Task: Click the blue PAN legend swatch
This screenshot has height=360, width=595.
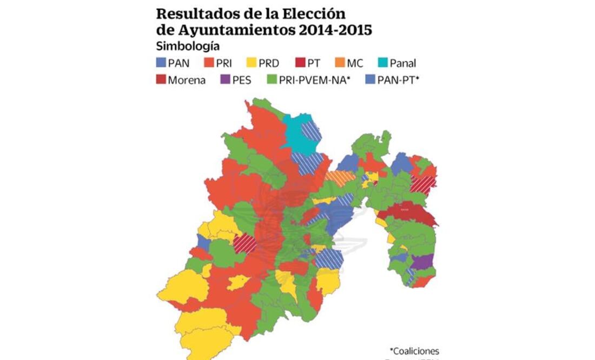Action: [x=161, y=63]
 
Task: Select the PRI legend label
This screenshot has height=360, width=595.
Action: [x=224, y=63]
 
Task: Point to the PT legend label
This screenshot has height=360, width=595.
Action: [x=314, y=63]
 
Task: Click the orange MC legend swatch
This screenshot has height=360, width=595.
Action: [x=340, y=63]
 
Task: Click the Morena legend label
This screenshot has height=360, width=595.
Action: [x=187, y=80]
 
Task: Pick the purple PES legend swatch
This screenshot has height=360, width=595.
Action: [x=225, y=80]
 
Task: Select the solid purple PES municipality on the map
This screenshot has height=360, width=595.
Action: [x=423, y=262]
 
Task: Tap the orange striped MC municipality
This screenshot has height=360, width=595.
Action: [x=341, y=178]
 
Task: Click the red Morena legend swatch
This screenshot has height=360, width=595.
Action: [x=161, y=80]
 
